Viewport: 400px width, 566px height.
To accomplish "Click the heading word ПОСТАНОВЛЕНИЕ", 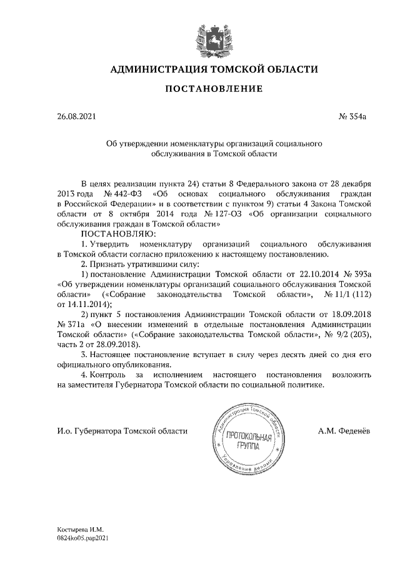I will pyautogui.click(x=214, y=89).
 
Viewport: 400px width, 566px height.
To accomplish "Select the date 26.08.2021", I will pyautogui.click(x=74, y=116).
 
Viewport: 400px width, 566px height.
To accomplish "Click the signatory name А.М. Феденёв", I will pyautogui.click(x=344, y=432).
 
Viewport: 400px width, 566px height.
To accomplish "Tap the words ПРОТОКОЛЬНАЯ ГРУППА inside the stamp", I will pyautogui.click(x=248, y=442).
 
